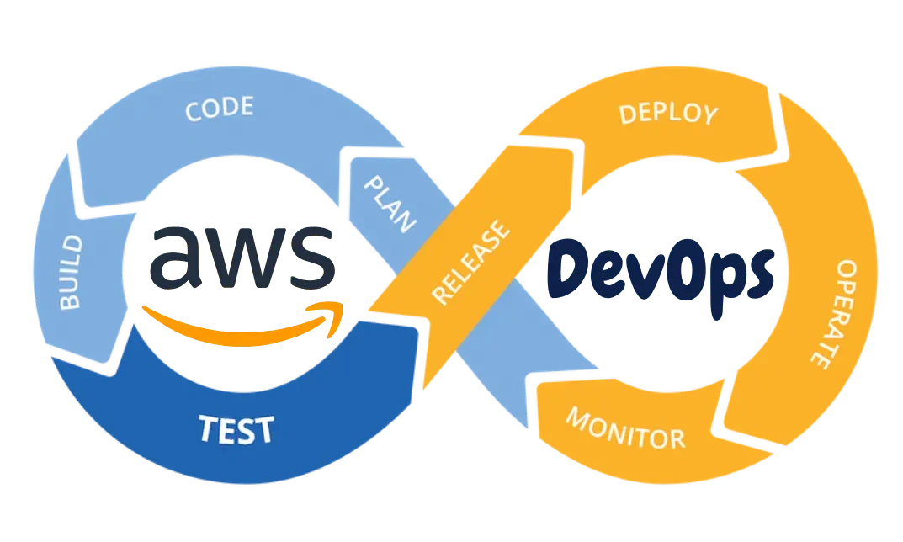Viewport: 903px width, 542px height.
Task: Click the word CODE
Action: coord(220,109)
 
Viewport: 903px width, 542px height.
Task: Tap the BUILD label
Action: coord(71,273)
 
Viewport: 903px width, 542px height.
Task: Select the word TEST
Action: coord(236,429)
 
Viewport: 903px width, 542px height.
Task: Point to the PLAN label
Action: coord(390,204)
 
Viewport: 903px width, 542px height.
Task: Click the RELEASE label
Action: coord(470,262)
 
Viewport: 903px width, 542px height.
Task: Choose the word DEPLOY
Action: coord(668,114)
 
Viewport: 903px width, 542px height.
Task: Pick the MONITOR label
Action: coord(625,428)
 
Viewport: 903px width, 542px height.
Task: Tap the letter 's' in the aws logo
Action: coord(312,258)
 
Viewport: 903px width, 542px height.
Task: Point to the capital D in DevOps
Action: coord(570,269)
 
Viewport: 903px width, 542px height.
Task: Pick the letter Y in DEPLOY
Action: coord(709,115)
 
